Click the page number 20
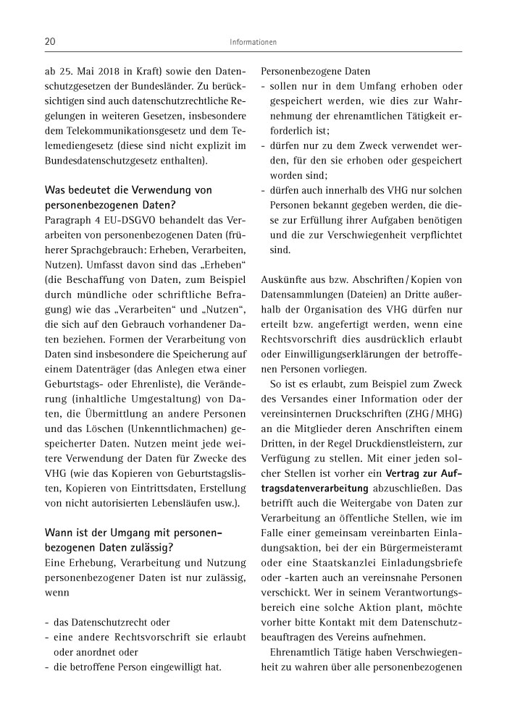pos(51,42)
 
